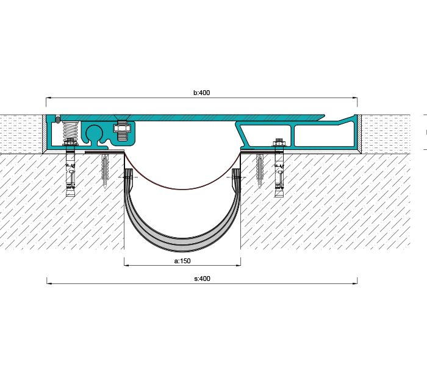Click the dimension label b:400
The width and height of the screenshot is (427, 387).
click(201, 93)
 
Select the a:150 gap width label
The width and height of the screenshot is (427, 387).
click(182, 261)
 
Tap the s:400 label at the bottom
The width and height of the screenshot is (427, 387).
click(202, 279)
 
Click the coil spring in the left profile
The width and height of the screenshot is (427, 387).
click(71, 130)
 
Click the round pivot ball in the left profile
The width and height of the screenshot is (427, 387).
click(94, 132)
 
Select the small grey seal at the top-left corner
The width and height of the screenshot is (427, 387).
click(57, 119)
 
